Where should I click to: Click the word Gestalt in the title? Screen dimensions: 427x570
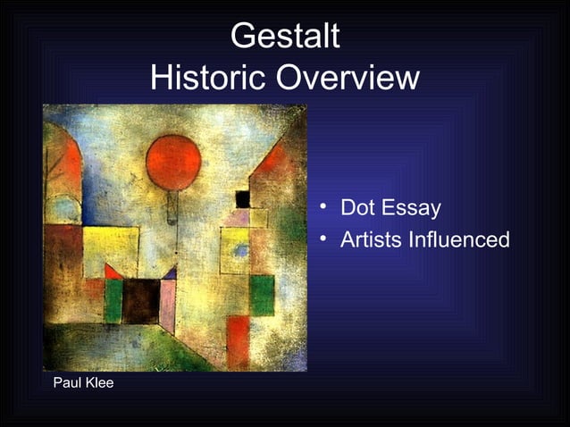pyautogui.click(x=285, y=38)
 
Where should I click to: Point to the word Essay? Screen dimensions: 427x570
pyautogui.click(x=411, y=209)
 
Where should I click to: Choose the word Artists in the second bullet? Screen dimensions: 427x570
pyautogui.click(x=370, y=240)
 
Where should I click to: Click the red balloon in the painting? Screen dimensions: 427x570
pyautogui.click(x=173, y=163)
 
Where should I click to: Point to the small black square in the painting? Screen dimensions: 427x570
pyautogui.click(x=242, y=198)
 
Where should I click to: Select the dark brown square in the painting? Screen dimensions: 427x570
pyautogui.click(x=140, y=301)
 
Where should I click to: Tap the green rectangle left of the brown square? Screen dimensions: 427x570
pyautogui.click(x=113, y=301)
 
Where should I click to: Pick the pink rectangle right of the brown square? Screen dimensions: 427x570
pyautogui.click(x=167, y=304)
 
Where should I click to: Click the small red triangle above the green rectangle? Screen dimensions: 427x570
pyautogui.click(x=112, y=272)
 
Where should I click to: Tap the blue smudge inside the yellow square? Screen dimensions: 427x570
pyautogui.click(x=240, y=251)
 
